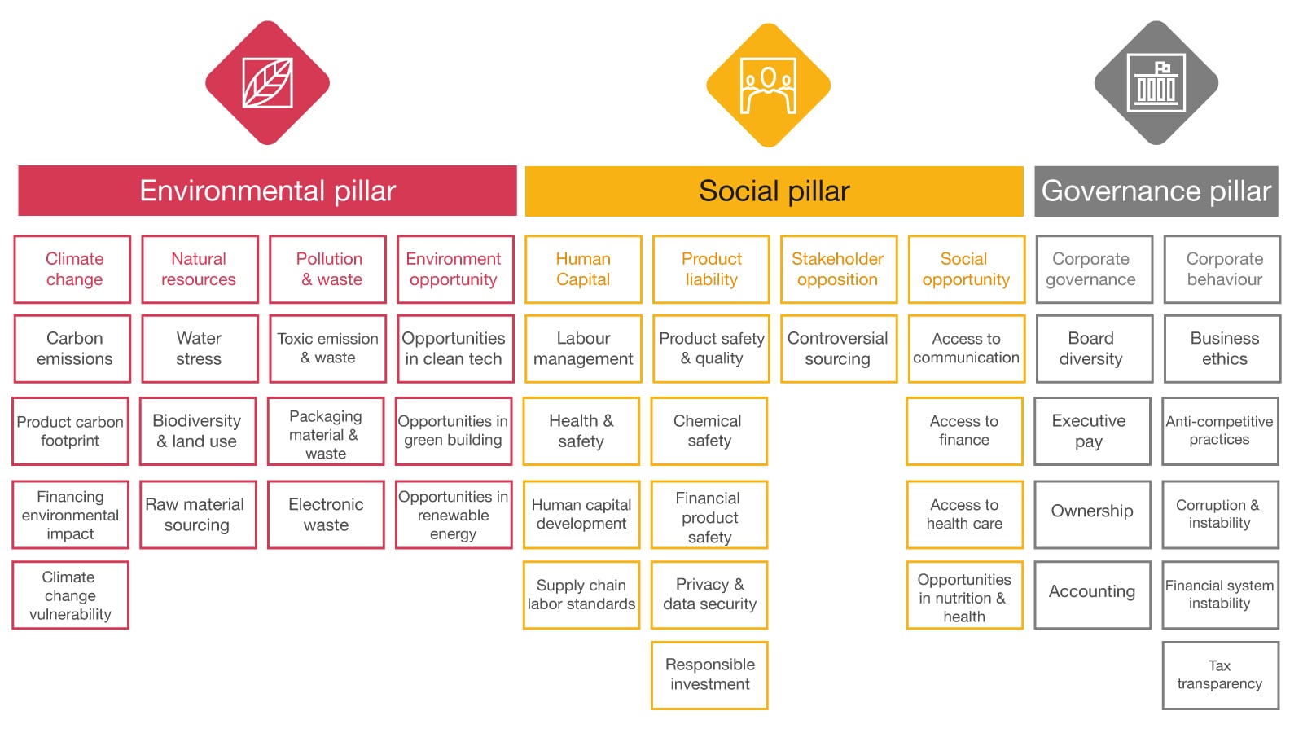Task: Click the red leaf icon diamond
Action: (x=267, y=83)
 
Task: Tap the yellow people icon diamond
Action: (x=768, y=85)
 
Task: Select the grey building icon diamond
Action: (x=1156, y=83)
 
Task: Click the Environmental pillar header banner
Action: (x=267, y=191)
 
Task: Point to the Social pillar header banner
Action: (x=774, y=191)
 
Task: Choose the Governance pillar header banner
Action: (x=1156, y=191)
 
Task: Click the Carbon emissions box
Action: (x=72, y=349)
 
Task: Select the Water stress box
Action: (x=200, y=349)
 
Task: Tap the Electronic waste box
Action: (x=326, y=515)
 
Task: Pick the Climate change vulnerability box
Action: (x=70, y=595)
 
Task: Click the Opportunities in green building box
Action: (x=454, y=431)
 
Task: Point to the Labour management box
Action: (x=583, y=349)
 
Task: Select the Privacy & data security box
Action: (x=709, y=595)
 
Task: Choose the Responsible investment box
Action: (x=709, y=674)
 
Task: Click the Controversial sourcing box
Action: (x=838, y=349)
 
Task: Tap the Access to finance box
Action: (x=964, y=431)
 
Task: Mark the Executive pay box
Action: (x=1091, y=431)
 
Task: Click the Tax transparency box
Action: (x=1220, y=674)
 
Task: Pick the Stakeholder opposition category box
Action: (x=838, y=270)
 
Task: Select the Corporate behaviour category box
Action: (x=1222, y=270)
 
